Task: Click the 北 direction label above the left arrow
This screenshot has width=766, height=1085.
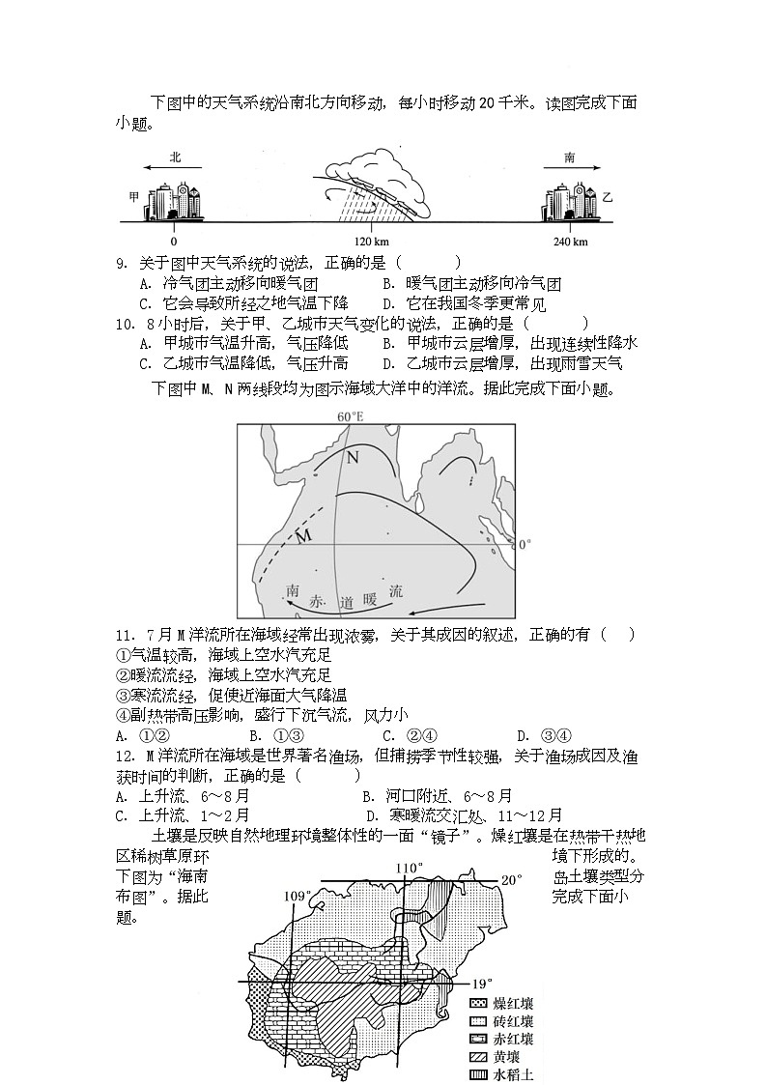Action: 175,157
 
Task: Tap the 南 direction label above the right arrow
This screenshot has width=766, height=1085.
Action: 570,157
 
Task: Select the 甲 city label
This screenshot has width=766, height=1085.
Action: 133,196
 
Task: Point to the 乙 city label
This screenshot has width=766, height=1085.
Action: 608,196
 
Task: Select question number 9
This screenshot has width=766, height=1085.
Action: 122,263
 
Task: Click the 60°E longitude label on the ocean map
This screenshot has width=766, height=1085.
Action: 350,417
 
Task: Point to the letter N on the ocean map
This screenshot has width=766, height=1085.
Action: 353,456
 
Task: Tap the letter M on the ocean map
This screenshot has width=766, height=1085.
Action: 302,535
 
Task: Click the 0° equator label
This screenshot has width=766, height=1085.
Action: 525,544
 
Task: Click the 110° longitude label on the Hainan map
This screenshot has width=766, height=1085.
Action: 410,868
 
